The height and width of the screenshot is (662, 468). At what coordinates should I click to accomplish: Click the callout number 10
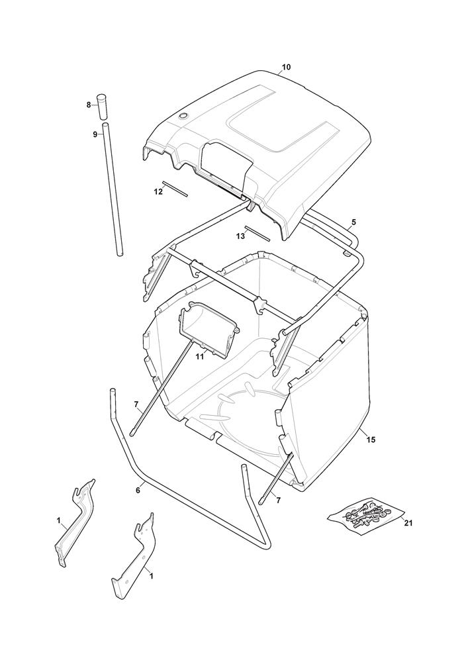pos(286,67)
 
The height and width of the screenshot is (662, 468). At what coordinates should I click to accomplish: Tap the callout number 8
pos(89,105)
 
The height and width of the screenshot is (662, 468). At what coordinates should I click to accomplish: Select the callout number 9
pos(95,134)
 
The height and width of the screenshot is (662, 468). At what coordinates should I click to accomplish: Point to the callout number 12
pos(158,192)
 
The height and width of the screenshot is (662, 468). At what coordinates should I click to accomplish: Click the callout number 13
pos(240,236)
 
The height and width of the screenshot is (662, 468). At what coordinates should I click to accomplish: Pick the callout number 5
pos(353,222)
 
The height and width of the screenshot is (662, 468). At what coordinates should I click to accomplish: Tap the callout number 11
pos(200,357)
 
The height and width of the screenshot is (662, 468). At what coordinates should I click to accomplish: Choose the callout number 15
pos(371,440)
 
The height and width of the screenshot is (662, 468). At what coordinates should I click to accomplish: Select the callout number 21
pos(408,524)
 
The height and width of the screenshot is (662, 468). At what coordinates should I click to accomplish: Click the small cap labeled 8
pos(101,107)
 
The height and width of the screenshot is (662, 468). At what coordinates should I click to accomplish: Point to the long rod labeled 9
pos(113,189)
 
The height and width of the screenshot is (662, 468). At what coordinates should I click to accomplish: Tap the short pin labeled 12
pos(175,189)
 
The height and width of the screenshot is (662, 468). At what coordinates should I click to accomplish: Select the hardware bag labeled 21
pos(365,516)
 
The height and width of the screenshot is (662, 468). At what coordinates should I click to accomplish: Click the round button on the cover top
pos(183,116)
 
